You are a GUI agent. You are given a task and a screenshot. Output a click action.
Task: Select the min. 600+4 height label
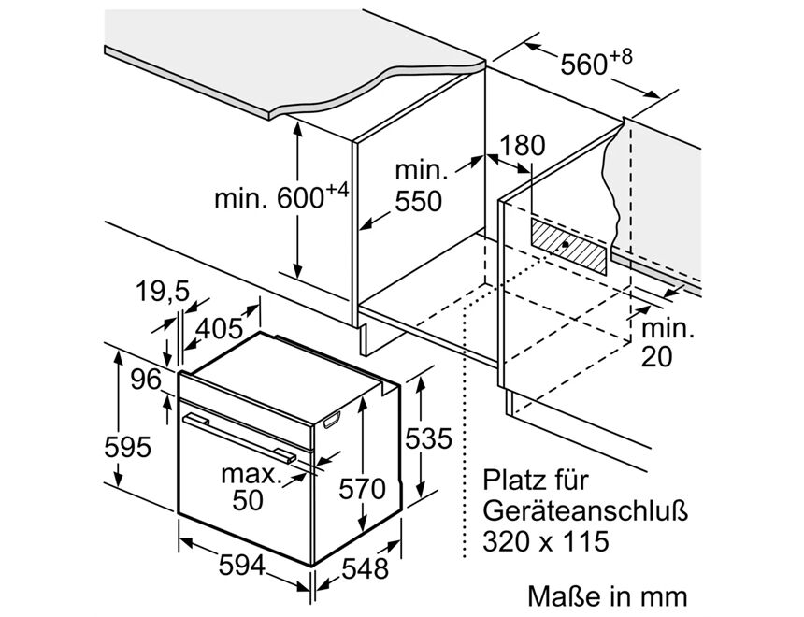[x=281, y=197]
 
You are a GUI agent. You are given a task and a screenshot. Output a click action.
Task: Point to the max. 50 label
[x=250, y=486]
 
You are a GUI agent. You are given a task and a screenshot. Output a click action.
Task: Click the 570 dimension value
[x=363, y=489]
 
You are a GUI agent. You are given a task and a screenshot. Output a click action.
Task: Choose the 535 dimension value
[x=429, y=438]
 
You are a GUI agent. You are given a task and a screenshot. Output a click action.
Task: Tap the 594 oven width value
[x=241, y=566]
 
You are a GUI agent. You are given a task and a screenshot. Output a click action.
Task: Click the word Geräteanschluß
[x=584, y=511]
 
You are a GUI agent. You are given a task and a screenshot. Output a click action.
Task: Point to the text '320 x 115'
[x=546, y=540]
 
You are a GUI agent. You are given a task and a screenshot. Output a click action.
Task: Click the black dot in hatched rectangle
[x=566, y=244]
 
